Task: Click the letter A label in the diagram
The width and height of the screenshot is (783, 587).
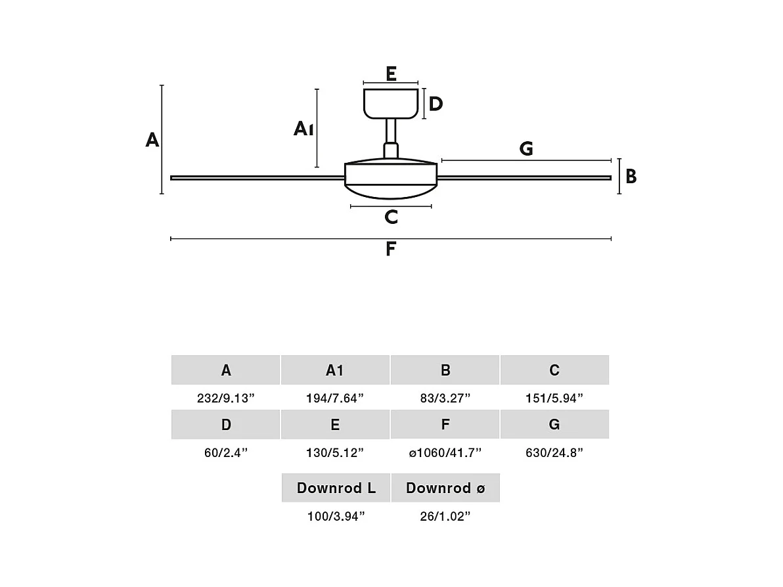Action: [152, 140]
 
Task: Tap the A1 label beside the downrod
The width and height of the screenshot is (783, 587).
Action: [303, 129]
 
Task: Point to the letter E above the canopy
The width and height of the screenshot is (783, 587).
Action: [391, 74]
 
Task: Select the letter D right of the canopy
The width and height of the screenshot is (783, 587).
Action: [436, 104]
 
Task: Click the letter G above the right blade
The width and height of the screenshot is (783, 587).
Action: [526, 149]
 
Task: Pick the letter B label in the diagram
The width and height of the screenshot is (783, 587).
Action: [631, 177]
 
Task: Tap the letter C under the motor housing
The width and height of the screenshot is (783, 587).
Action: [391, 217]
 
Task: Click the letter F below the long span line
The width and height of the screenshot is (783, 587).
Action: [391, 250]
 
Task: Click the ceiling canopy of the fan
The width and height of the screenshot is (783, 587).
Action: [391, 104]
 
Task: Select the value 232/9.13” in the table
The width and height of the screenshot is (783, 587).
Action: [225, 398]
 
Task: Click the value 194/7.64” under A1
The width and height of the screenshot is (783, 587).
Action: [335, 398]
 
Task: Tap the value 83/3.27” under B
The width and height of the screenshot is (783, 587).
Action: [445, 398]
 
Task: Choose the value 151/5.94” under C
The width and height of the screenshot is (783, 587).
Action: [554, 398]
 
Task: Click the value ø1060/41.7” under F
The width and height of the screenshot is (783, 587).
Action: [445, 452]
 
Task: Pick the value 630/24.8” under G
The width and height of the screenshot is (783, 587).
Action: [554, 452]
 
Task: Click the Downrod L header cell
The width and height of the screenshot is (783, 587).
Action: [336, 488]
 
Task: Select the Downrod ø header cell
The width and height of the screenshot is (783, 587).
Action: [445, 488]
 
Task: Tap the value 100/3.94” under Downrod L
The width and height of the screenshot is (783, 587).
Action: [336, 516]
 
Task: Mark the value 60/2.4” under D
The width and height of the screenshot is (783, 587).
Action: [225, 452]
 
